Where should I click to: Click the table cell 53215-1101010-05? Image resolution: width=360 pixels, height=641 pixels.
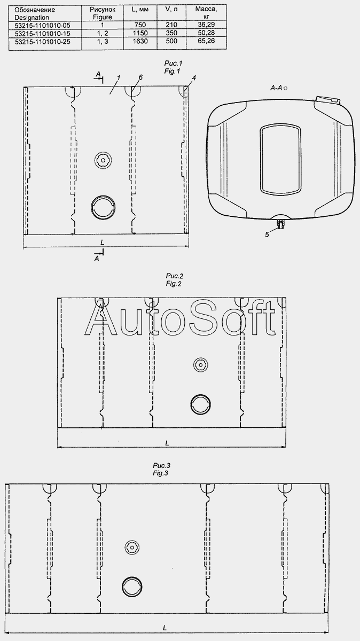coord(42,26)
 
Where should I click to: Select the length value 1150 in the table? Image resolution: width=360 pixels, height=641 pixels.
coord(140,33)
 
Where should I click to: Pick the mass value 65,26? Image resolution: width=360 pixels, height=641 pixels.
coord(206,41)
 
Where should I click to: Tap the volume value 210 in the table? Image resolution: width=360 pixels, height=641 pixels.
coord(171,25)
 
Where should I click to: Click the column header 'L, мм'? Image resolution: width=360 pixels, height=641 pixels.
coord(140,10)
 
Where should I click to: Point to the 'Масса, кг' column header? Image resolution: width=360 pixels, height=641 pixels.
coord(206,12)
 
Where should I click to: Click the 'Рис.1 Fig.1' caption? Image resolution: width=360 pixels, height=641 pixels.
coord(173,67)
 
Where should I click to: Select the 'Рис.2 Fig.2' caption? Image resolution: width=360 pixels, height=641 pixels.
coord(174,280)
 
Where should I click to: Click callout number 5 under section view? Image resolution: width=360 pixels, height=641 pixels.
coord(267,234)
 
